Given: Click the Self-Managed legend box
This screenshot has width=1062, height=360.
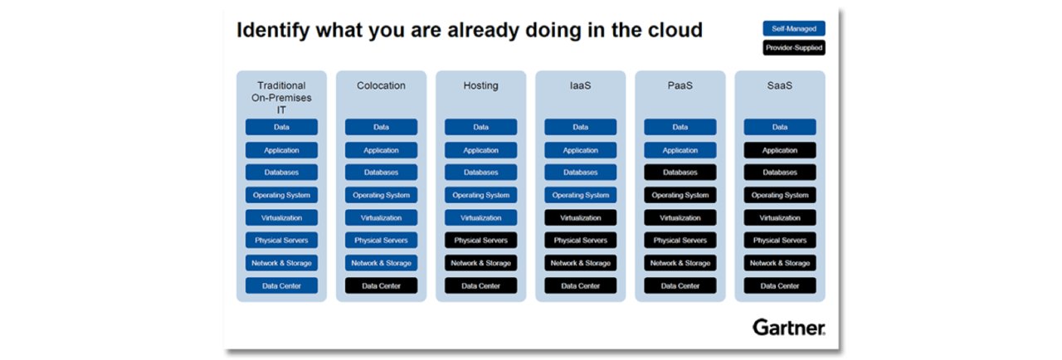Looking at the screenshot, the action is pyautogui.click(x=794, y=28).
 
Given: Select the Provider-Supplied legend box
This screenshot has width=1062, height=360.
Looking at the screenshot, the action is pyautogui.click(x=794, y=48).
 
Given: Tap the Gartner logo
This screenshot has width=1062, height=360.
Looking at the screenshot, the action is pyautogui.click(x=789, y=328).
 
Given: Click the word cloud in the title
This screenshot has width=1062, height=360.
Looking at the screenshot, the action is pyautogui.click(x=675, y=30).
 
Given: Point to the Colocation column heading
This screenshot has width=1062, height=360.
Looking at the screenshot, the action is pyautogui.click(x=381, y=85).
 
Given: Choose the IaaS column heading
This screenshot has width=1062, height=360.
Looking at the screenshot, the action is pyautogui.click(x=580, y=85).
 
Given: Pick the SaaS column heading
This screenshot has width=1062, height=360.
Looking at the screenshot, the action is pyautogui.click(x=779, y=85).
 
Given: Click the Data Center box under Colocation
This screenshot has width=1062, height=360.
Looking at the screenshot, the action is pyautogui.click(x=381, y=285).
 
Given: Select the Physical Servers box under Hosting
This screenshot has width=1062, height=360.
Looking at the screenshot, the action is pyautogui.click(x=480, y=241).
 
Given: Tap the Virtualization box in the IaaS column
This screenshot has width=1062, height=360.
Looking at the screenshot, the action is pyautogui.click(x=580, y=218).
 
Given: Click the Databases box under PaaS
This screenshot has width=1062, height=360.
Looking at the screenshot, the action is pyautogui.click(x=680, y=173).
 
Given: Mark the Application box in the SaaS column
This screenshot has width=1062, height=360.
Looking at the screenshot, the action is pyautogui.click(x=779, y=150).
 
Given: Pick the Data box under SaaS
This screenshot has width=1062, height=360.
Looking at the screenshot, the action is pyautogui.click(x=779, y=127).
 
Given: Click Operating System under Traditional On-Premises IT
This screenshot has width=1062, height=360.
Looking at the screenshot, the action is pyautogui.click(x=281, y=195).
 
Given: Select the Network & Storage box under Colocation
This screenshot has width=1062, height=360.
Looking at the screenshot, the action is pyautogui.click(x=381, y=263).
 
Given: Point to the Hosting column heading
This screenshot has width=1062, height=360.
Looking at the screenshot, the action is pyautogui.click(x=480, y=85).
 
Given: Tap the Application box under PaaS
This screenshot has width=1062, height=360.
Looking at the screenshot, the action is pyautogui.click(x=680, y=150).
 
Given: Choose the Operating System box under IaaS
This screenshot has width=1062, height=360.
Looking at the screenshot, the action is pyautogui.click(x=580, y=195).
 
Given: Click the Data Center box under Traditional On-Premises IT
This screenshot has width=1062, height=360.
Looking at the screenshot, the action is pyautogui.click(x=281, y=285).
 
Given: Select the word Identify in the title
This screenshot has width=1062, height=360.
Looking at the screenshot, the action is pyautogui.click(x=273, y=31).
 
